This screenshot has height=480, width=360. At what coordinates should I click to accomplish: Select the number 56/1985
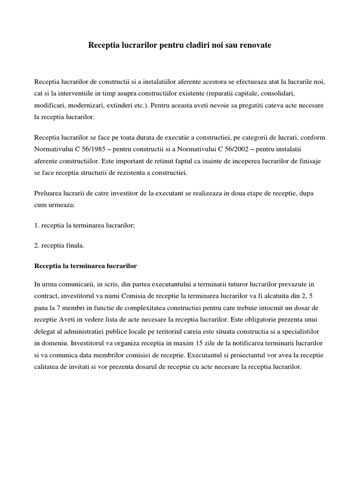point(98,150)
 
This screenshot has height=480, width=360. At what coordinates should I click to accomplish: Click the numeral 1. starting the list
point(37,225)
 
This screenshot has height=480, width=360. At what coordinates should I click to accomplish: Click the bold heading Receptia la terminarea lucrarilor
point(86,266)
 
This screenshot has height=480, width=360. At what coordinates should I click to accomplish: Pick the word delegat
point(45,331)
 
